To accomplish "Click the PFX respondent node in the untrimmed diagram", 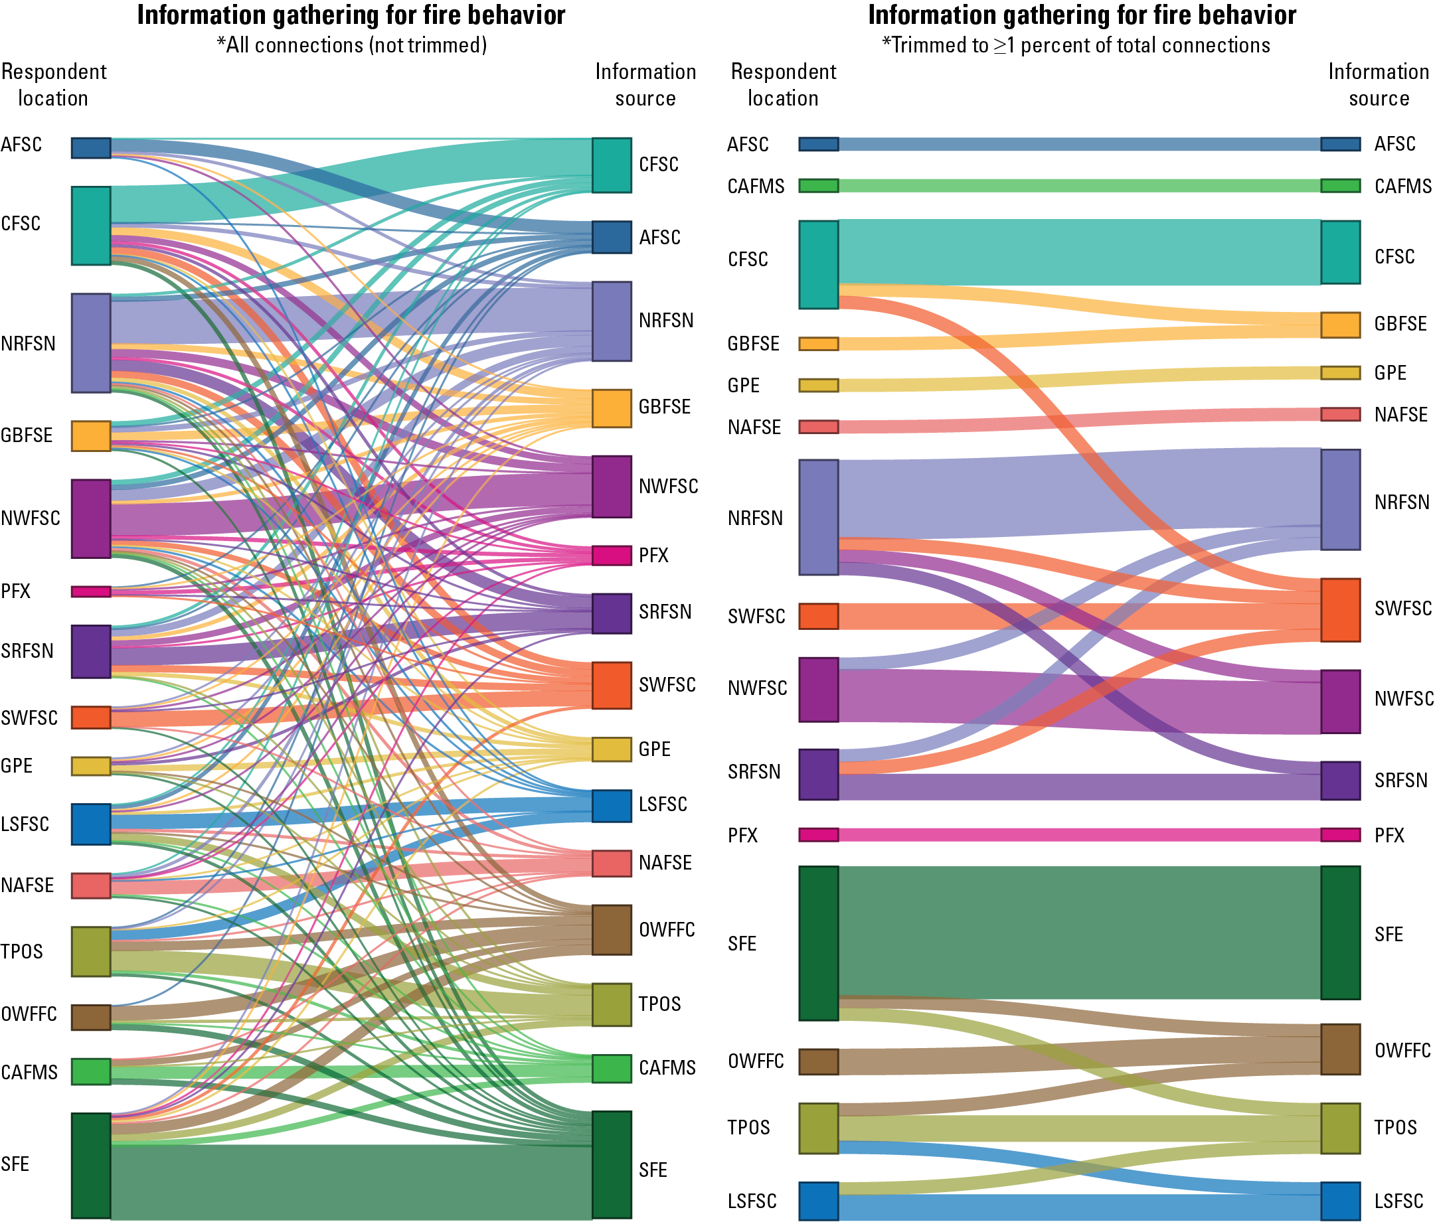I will (x=91, y=591).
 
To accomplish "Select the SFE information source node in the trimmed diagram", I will (x=1340, y=932).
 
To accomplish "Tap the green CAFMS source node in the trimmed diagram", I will (x=1340, y=186).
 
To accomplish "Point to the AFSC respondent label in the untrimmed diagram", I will (x=21, y=145).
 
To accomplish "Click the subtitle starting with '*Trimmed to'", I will (x=1076, y=45).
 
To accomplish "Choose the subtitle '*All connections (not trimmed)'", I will (x=352, y=45).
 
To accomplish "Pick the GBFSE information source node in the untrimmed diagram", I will (x=612, y=408).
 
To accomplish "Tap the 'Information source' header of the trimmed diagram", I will (x=1378, y=84).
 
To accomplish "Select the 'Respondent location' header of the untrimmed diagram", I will (x=53, y=84).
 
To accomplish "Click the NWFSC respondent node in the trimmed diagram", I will (x=819, y=690).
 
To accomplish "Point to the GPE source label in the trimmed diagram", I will (x=1390, y=373).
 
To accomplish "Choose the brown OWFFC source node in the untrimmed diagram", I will (x=612, y=929).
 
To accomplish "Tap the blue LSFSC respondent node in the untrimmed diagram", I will (x=91, y=824).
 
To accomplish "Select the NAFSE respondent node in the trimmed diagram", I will (x=819, y=427).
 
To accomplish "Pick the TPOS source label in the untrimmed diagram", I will (x=659, y=1004).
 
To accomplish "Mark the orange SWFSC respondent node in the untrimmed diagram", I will (x=91, y=718).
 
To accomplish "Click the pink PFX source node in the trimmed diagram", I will (x=1340, y=834).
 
